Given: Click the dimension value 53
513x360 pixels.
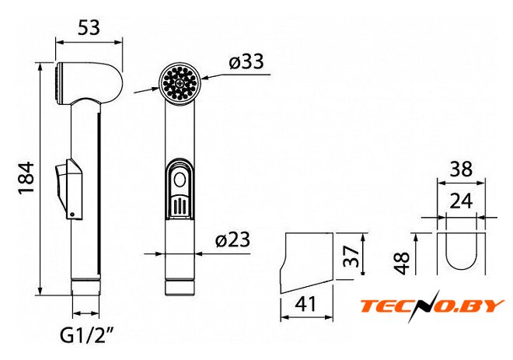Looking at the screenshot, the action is (89, 27).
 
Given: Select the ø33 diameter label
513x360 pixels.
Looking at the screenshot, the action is (246, 61).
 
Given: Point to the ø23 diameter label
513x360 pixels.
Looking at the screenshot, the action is (232, 239).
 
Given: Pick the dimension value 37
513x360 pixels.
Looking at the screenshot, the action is (351, 257).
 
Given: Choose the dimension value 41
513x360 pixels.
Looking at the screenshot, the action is (306, 304).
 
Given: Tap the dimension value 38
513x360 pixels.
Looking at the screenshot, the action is (461, 170).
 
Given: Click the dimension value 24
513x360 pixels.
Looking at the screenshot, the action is (461, 201).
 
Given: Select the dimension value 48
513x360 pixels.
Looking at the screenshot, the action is (402, 263).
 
